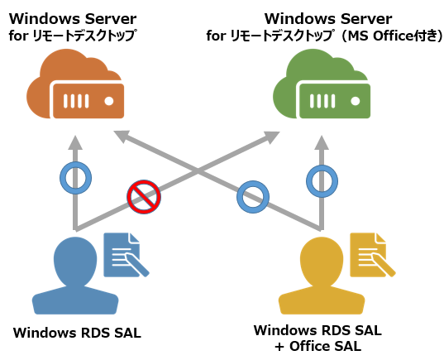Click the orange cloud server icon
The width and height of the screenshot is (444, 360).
pyautogui.click(x=75, y=84)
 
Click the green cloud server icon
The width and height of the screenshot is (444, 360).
pyautogui.click(x=322, y=84)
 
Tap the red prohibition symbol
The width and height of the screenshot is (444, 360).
pyautogui.click(x=144, y=197)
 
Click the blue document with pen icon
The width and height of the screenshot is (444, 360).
pyautogui.click(x=126, y=255)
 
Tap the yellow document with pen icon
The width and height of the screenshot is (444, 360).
pyautogui.click(x=372, y=255)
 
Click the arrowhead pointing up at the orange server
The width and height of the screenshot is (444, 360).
pyautogui.click(x=75, y=142)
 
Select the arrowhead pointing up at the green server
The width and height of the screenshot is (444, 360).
pyautogui.click(x=322, y=142)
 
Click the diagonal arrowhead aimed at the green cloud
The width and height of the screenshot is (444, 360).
pyautogui.click(x=270, y=137)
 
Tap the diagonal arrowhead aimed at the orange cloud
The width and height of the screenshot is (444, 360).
pyautogui.click(x=122, y=136)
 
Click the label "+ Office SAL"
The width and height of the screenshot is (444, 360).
pyautogui.click(x=318, y=346)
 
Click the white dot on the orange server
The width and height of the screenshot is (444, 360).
pyautogui.click(x=109, y=101)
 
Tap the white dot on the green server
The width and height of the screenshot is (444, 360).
pyautogui.click(x=356, y=101)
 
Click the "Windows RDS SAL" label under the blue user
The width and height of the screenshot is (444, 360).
pyautogui.click(x=77, y=333)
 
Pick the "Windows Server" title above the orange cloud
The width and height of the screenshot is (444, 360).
pyautogui.click(x=73, y=19)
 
